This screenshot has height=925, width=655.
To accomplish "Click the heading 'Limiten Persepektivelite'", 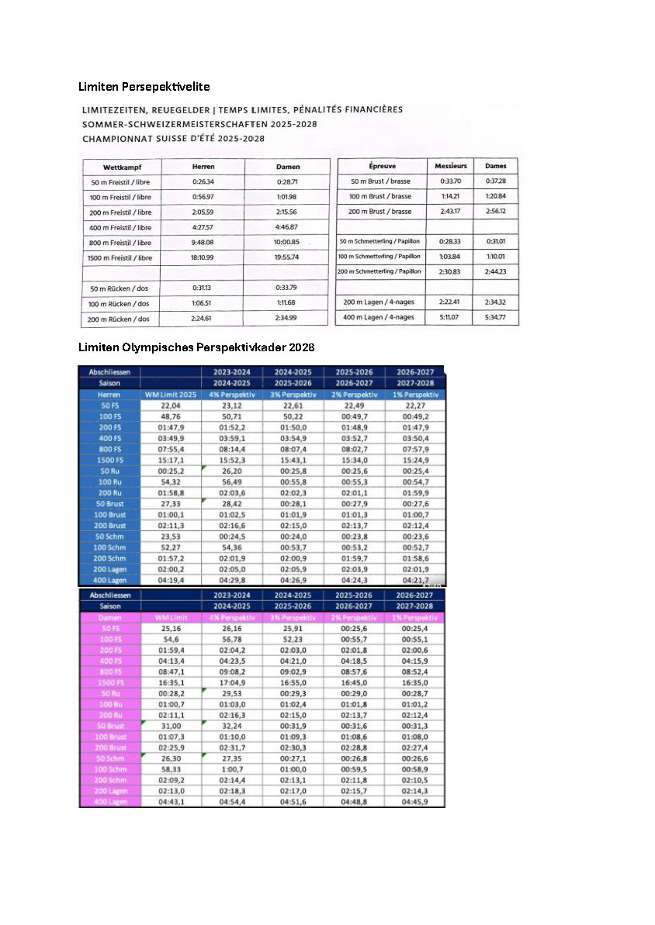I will (x=144, y=86).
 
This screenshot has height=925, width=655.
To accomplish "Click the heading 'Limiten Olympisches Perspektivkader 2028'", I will (x=196, y=346).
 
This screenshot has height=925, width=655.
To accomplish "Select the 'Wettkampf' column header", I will (x=122, y=167).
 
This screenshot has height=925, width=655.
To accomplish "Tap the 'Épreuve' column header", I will (x=380, y=166).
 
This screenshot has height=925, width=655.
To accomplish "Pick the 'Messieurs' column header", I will (x=450, y=166).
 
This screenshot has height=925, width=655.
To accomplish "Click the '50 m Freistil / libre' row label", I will (x=122, y=182).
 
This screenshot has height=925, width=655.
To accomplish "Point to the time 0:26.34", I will (x=203, y=181).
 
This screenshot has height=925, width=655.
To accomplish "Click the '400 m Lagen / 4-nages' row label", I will (x=379, y=317).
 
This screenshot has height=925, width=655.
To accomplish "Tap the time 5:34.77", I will (x=495, y=317).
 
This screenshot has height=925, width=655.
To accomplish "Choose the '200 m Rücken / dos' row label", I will (x=122, y=319).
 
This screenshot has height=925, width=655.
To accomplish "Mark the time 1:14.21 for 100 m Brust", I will (x=450, y=196).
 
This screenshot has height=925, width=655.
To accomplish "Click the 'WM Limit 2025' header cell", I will (x=171, y=395).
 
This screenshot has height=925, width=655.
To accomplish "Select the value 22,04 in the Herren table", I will (x=171, y=406).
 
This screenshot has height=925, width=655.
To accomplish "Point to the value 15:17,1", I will (x=171, y=460).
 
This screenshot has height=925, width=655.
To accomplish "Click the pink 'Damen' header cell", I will (x=109, y=617).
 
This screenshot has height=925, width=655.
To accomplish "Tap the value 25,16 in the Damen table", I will (x=171, y=628).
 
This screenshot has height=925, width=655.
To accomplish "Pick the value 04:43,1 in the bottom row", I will (x=171, y=802).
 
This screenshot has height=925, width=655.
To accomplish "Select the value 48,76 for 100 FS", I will (x=171, y=416).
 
